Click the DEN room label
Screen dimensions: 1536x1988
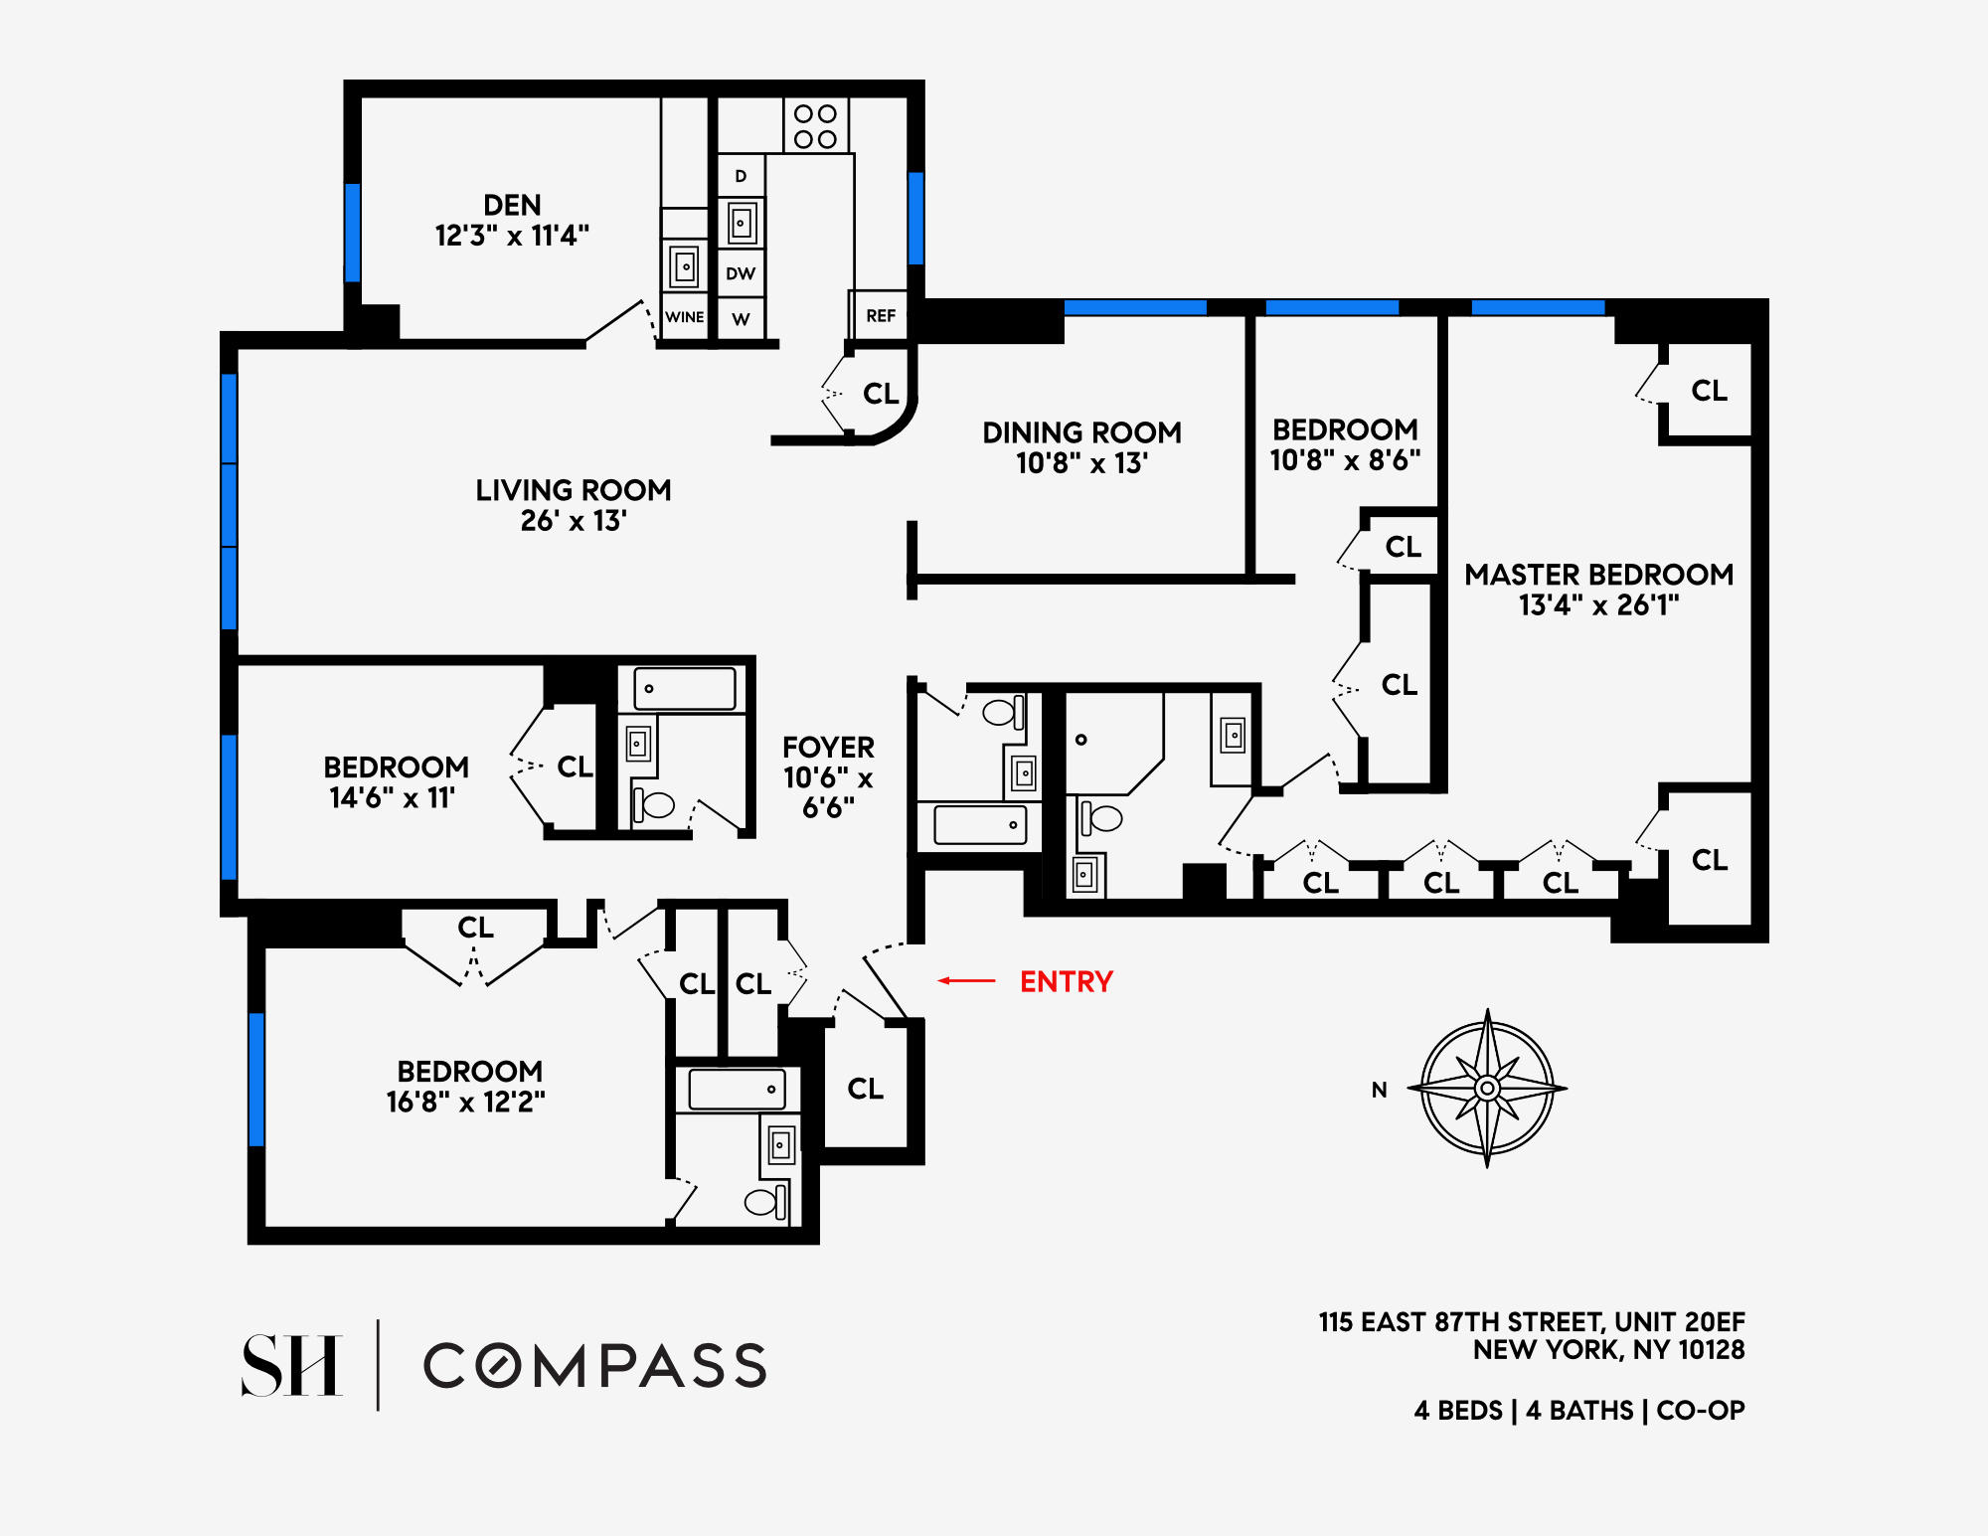(x=512, y=205)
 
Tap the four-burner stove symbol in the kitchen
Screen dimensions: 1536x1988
(x=815, y=126)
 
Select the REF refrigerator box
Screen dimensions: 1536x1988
(x=880, y=316)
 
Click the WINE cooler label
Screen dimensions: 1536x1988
(x=684, y=317)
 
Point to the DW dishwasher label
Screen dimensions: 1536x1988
(x=741, y=273)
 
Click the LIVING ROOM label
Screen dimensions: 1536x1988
(x=573, y=490)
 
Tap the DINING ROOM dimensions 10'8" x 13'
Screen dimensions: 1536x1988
(x=1081, y=463)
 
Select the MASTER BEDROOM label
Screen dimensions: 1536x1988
(x=1598, y=575)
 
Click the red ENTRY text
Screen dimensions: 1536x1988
(x=1067, y=981)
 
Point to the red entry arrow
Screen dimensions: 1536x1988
(x=966, y=981)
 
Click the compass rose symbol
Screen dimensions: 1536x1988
(x=1487, y=1088)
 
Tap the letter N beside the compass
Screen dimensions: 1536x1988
(x=1379, y=1090)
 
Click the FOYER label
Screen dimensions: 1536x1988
(x=828, y=748)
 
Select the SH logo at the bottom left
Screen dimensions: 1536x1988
(x=292, y=1365)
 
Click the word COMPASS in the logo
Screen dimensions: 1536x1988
(x=595, y=1366)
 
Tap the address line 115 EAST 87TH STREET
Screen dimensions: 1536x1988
(x=1531, y=1322)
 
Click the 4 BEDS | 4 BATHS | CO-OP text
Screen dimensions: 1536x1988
(x=1578, y=1410)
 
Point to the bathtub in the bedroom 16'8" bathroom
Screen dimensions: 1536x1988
(x=737, y=1090)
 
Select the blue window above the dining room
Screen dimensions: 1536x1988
(x=1135, y=307)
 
